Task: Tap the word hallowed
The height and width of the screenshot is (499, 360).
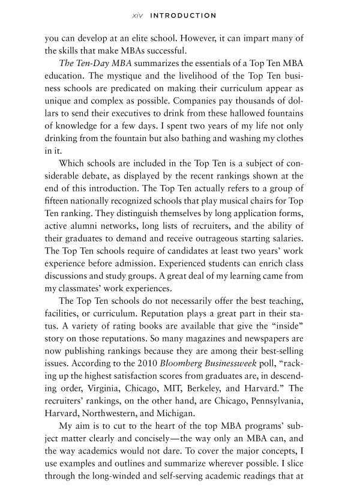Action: pyautogui.click(x=233, y=114)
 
